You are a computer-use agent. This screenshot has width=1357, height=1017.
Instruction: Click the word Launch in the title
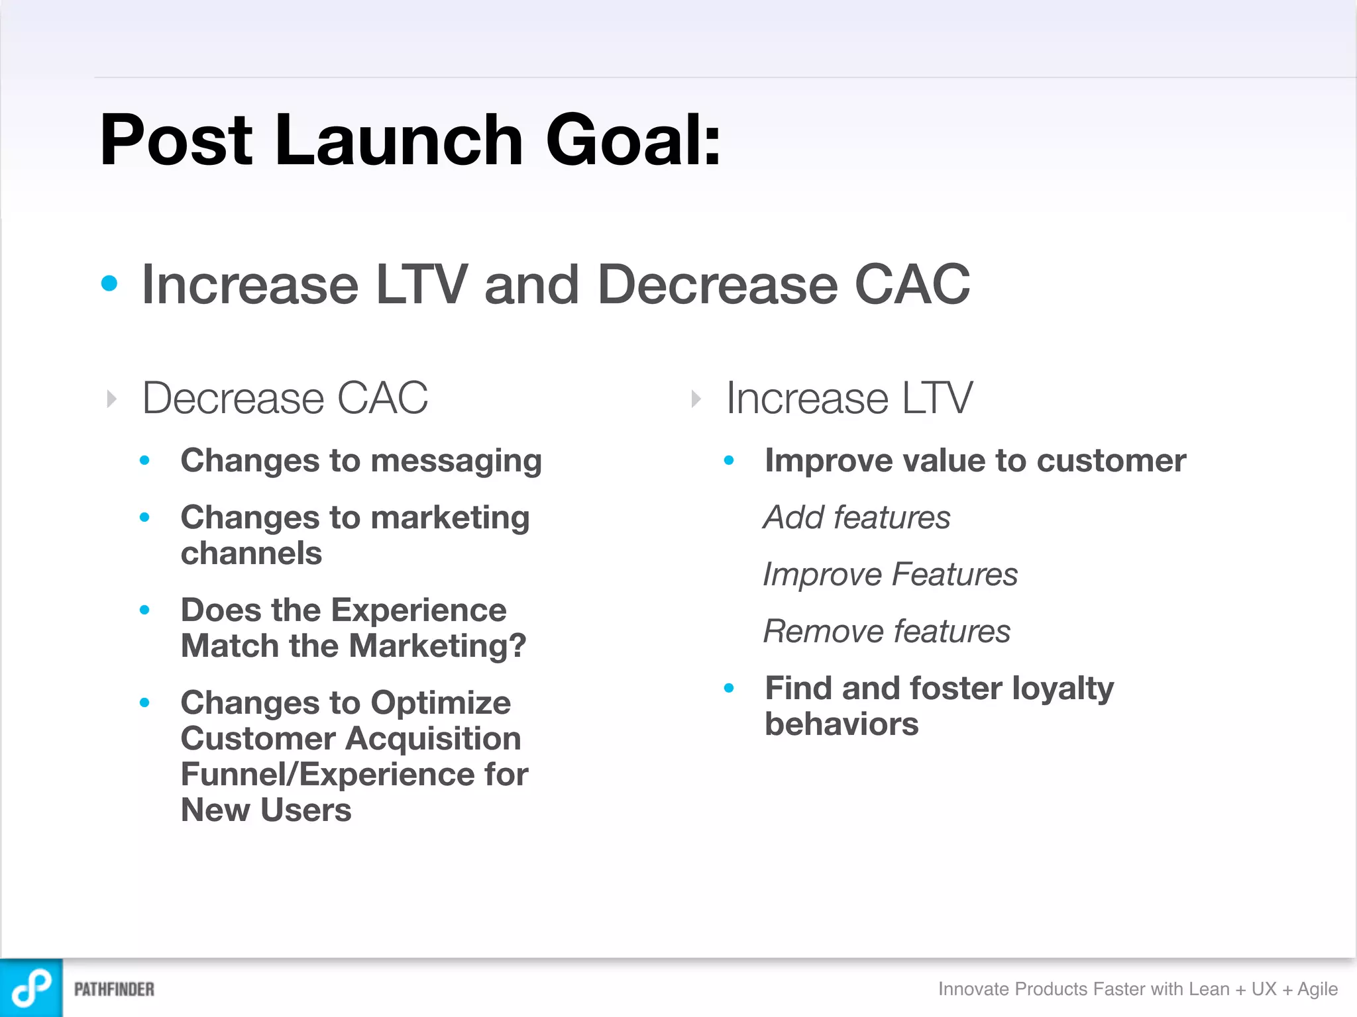tap(398, 140)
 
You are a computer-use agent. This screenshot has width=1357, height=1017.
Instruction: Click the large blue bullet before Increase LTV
tap(109, 284)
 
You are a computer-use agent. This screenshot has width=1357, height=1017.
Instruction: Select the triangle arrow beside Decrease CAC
tap(112, 399)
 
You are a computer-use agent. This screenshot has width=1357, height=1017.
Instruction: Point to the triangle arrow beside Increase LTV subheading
tap(696, 399)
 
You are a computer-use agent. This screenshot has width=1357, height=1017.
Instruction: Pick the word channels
tap(251, 554)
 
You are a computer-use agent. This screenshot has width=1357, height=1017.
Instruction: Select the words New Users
tap(266, 810)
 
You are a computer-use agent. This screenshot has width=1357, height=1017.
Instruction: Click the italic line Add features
tap(857, 518)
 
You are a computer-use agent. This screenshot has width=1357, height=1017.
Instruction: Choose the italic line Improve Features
tap(890, 575)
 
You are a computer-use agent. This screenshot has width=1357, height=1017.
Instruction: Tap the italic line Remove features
tap(887, 632)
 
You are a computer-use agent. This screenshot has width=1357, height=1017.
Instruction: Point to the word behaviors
tap(841, 724)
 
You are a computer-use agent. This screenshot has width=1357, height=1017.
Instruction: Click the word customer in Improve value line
tap(1111, 461)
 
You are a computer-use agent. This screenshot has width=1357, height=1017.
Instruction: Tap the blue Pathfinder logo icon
tap(31, 988)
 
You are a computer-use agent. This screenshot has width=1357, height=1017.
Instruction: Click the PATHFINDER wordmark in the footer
tap(114, 990)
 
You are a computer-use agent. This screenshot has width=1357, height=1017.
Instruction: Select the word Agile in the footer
tap(1317, 989)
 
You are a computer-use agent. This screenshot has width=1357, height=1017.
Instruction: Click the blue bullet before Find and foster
tap(729, 689)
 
